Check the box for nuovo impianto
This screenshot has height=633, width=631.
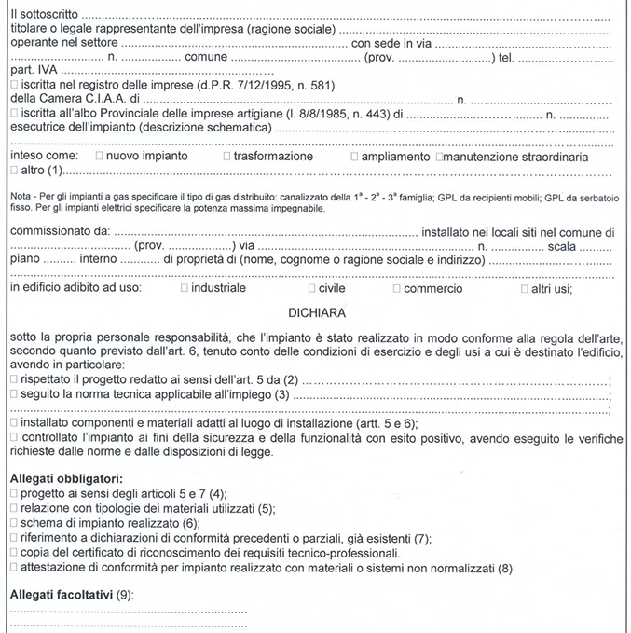[99, 157]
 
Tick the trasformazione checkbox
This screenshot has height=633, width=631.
[226, 157]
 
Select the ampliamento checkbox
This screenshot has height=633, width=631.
[354, 157]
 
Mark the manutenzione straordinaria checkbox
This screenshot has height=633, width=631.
[438, 157]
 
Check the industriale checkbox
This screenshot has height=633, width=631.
[184, 289]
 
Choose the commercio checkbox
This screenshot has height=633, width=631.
[396, 289]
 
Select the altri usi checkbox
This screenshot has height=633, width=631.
[524, 289]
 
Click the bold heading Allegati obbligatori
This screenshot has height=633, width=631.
[66, 478]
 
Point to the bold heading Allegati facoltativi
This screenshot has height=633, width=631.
[62, 594]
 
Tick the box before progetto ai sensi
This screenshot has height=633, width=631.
[13, 493]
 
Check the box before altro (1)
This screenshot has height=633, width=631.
[13, 172]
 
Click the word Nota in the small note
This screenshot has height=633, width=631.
[20, 198]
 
